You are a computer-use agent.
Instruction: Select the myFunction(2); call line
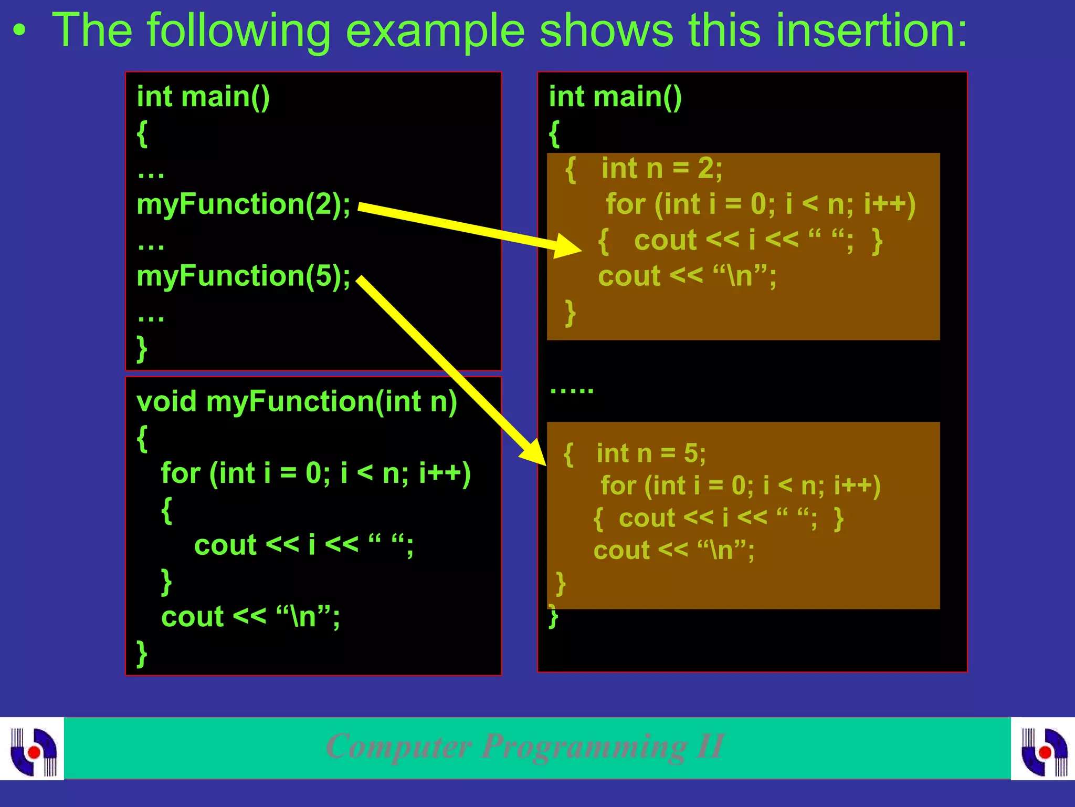pyautogui.click(x=243, y=204)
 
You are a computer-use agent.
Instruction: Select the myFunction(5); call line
pyautogui.click(x=243, y=276)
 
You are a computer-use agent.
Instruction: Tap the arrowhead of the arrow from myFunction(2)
pyautogui.click(x=570, y=246)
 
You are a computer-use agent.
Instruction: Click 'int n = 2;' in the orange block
pyautogui.click(x=661, y=169)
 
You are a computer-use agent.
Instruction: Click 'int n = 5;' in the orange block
pyautogui.click(x=651, y=453)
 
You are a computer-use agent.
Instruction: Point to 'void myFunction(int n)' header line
pyautogui.click(x=297, y=402)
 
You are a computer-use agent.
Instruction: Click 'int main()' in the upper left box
pyautogui.click(x=203, y=97)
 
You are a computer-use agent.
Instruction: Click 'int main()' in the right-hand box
pyautogui.click(x=615, y=97)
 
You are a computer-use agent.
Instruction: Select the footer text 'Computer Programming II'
pyautogui.click(x=525, y=746)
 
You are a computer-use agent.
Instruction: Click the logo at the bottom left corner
pyautogui.click(x=33, y=750)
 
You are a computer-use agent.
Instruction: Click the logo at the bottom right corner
pyautogui.click(x=1044, y=750)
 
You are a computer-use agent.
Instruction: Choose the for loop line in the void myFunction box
pyautogui.click(x=315, y=473)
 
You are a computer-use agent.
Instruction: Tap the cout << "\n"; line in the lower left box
pyautogui.click(x=250, y=617)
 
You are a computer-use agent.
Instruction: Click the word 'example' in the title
pyautogui.click(x=435, y=32)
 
